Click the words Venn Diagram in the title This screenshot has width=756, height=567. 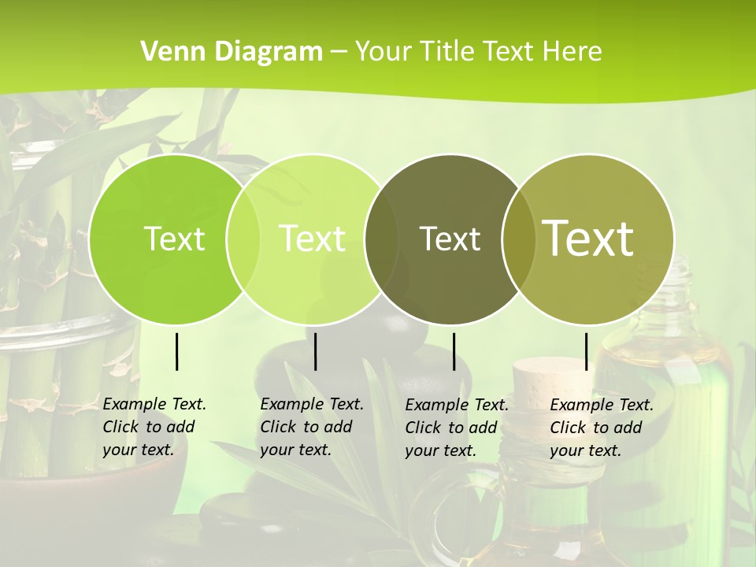click(x=232, y=52)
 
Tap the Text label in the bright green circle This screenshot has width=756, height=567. click(x=174, y=239)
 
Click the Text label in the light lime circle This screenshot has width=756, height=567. click(x=313, y=239)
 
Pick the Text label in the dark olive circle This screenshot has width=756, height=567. click(x=450, y=239)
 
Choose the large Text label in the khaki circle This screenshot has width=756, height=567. click(x=588, y=238)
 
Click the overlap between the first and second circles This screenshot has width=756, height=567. click(x=243, y=239)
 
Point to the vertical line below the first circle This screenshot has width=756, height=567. click(x=176, y=351)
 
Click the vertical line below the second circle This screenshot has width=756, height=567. click(x=315, y=351)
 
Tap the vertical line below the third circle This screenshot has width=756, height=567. click(x=454, y=351)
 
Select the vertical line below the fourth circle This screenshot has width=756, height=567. click(x=586, y=351)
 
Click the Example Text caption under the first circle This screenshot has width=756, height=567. click(x=154, y=427)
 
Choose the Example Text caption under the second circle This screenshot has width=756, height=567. click(x=312, y=427)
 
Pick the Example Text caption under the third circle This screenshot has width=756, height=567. click(x=457, y=428)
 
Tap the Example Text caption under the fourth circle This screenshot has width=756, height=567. click(x=602, y=428)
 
